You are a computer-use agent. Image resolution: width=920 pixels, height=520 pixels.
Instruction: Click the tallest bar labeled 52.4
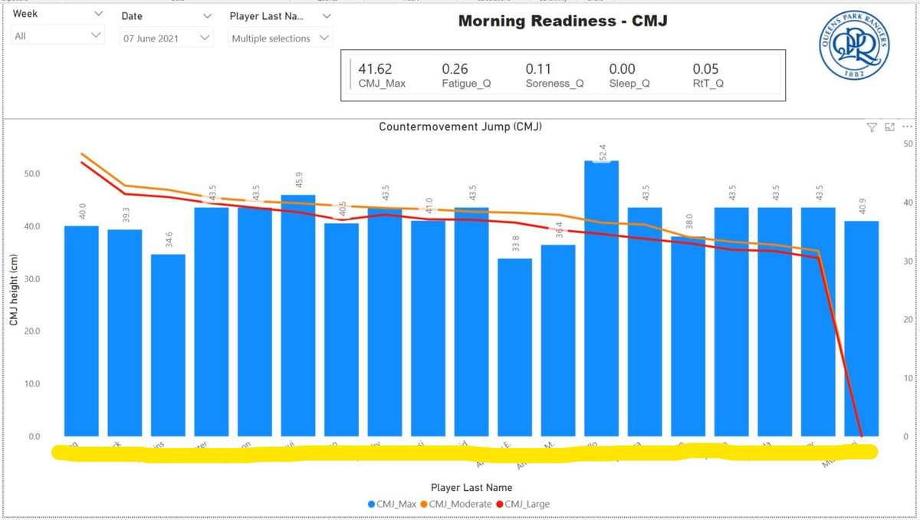tap(601, 299)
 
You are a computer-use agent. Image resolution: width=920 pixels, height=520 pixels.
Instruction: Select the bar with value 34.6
tap(168, 345)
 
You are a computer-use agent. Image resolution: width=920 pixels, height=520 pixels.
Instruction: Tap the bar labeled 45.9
tap(298, 314)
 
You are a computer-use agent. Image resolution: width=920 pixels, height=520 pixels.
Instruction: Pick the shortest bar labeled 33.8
tap(514, 347)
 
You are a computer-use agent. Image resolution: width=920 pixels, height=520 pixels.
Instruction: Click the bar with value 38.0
tap(688, 337)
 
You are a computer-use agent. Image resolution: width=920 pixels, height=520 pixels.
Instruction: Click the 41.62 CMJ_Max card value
tap(376, 69)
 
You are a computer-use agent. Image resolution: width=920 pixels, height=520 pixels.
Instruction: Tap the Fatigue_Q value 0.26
tap(455, 69)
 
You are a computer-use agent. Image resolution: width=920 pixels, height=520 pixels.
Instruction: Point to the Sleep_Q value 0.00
tap(622, 69)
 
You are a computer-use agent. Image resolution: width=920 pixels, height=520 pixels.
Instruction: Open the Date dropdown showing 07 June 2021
tap(166, 38)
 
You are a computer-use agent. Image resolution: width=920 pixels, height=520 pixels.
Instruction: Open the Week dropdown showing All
tap(58, 35)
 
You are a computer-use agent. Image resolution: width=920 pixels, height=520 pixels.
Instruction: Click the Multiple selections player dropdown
tap(281, 38)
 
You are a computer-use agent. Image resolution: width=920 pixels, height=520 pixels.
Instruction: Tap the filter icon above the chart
tap(872, 127)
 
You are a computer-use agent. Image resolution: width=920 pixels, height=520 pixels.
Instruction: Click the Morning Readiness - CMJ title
tap(562, 21)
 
